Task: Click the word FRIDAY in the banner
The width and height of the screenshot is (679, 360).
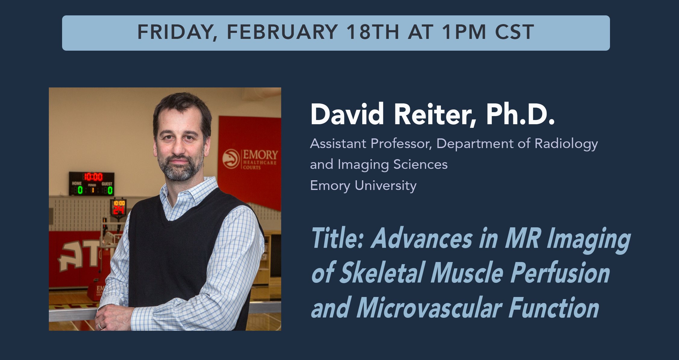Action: click(x=175, y=32)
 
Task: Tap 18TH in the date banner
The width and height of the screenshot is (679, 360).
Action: click(x=373, y=32)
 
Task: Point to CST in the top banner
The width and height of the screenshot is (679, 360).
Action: click(x=514, y=32)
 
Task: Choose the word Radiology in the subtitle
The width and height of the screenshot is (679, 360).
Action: click(x=566, y=144)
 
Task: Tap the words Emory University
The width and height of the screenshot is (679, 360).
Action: click(x=363, y=186)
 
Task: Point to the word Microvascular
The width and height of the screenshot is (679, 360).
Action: click(x=429, y=308)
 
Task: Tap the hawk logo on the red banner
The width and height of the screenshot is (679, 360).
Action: click(x=231, y=159)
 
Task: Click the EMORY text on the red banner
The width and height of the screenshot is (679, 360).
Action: click(x=260, y=155)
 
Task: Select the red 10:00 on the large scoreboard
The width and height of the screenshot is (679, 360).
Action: click(x=93, y=177)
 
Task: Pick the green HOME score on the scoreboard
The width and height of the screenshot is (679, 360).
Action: click(x=80, y=190)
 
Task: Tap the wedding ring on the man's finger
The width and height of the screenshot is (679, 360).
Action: click(x=100, y=326)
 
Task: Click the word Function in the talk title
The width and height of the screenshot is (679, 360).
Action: click(x=554, y=308)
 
